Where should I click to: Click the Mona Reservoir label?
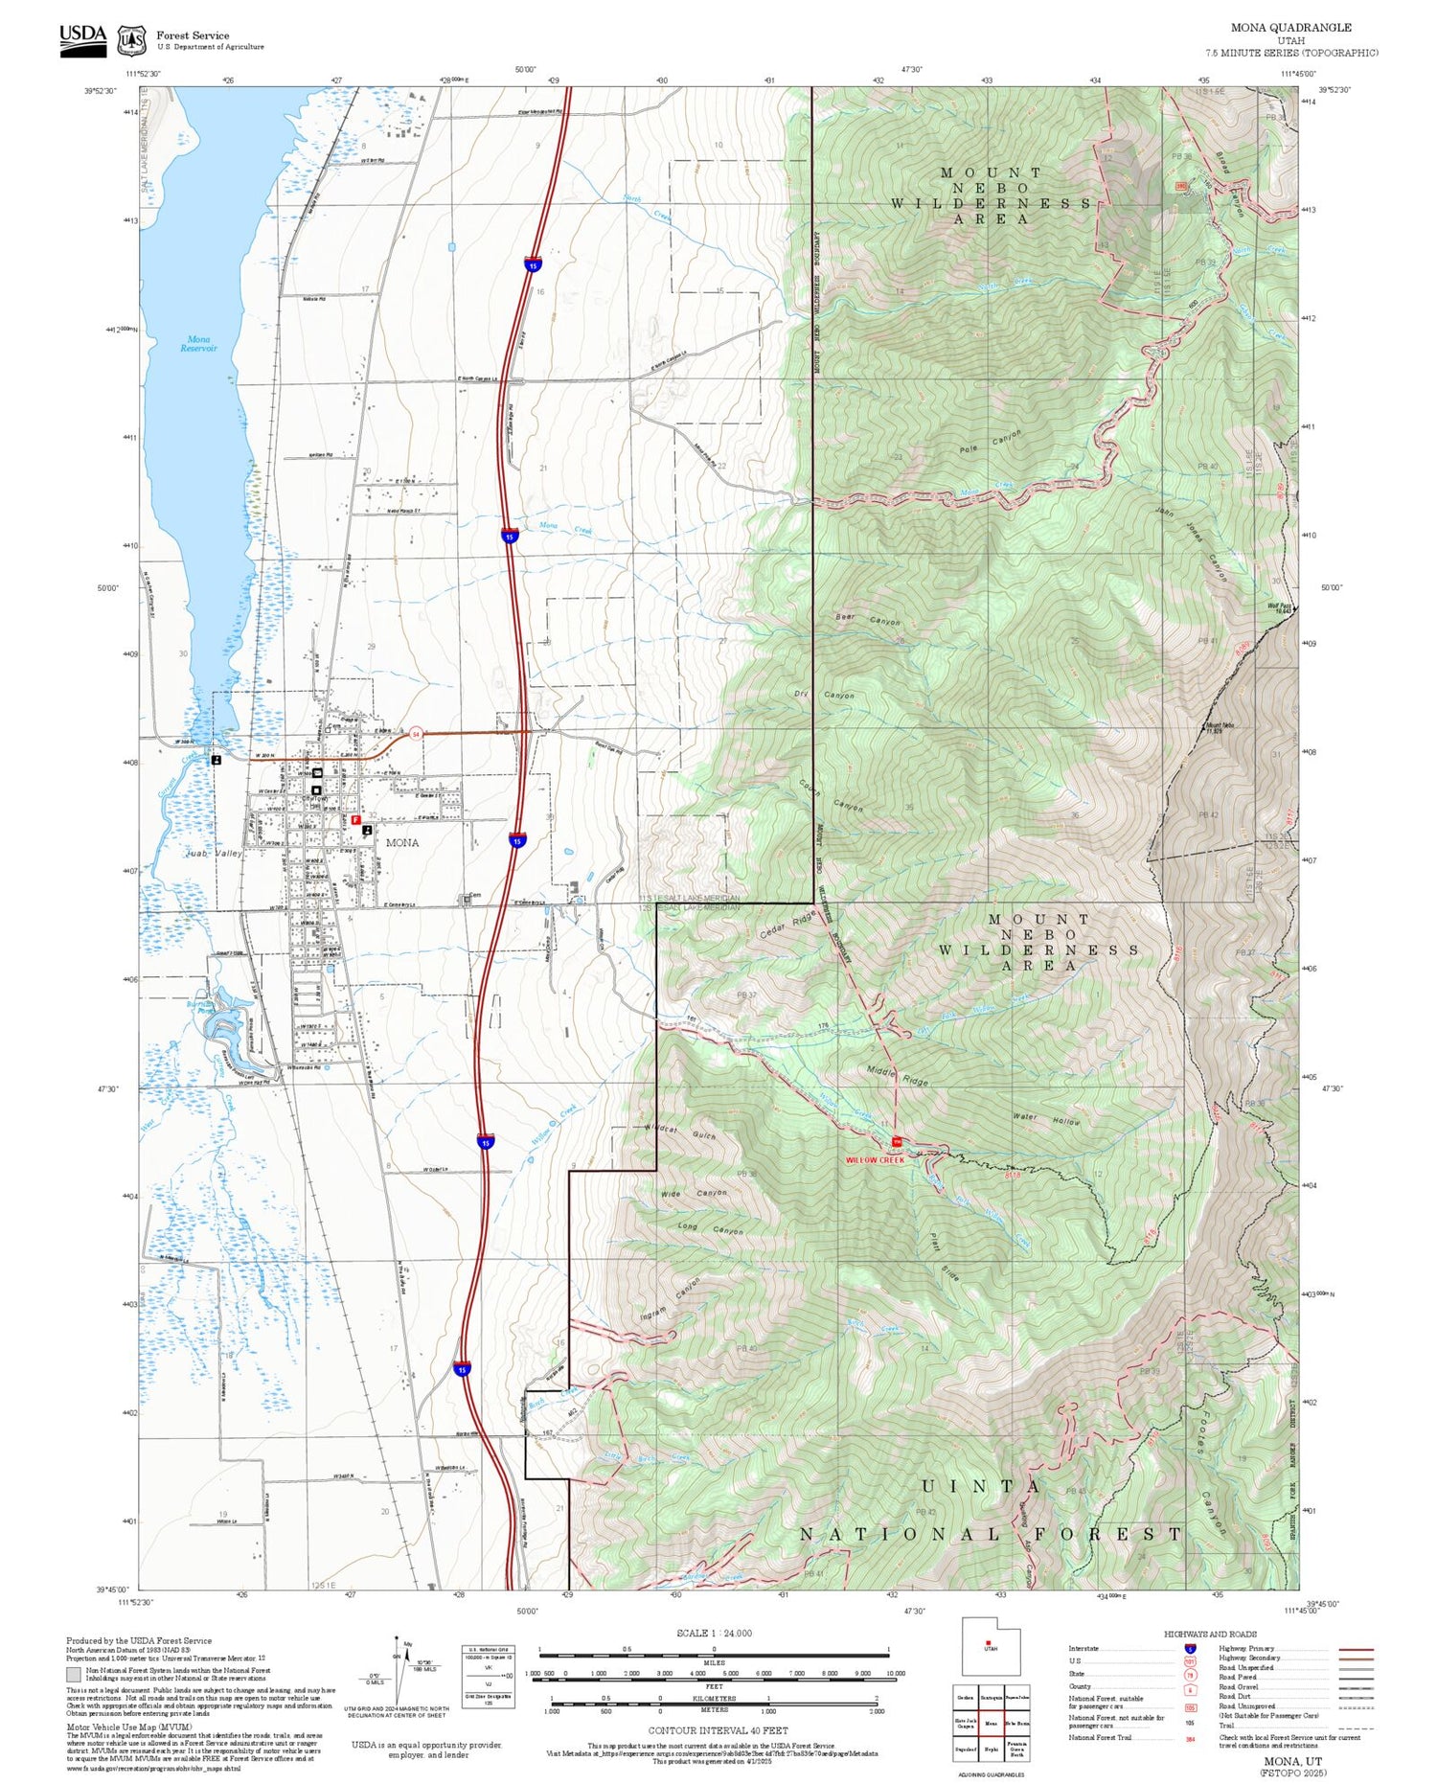click(x=198, y=343)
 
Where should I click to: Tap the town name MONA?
click(x=402, y=842)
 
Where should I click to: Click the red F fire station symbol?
click(x=355, y=820)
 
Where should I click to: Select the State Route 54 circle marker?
click(x=415, y=733)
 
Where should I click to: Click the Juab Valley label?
click(x=213, y=852)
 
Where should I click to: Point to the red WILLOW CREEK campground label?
click(x=874, y=1159)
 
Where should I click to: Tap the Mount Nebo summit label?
click(x=1220, y=727)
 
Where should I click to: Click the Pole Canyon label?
click(x=991, y=442)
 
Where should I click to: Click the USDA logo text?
click(x=82, y=34)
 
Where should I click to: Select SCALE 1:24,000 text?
click(x=714, y=1633)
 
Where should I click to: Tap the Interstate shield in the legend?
click(x=1190, y=1648)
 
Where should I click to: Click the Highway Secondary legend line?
click(x=1351, y=1658)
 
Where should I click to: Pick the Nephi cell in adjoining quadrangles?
click(x=992, y=1749)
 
